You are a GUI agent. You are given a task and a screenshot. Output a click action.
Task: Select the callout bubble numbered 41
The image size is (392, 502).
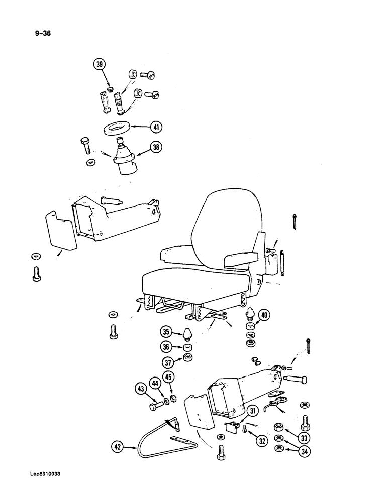click(x=158, y=128)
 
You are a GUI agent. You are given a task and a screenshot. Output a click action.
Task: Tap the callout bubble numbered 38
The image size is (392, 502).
click(x=157, y=148)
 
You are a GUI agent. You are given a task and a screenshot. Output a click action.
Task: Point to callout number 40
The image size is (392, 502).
click(x=264, y=316)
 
